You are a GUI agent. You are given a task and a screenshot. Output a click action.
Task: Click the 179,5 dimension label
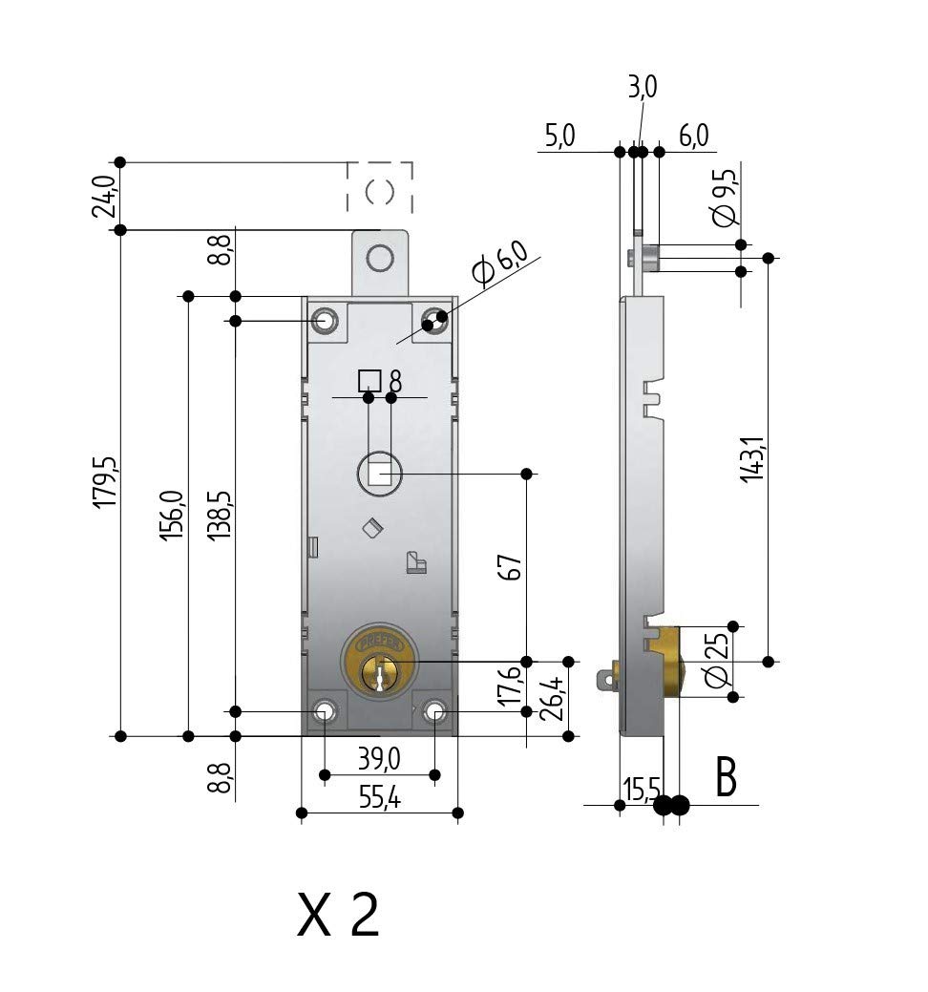point(104,481)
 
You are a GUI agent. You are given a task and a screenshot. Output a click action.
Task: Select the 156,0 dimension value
point(172,516)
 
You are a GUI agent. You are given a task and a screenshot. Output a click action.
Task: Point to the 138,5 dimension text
point(220,516)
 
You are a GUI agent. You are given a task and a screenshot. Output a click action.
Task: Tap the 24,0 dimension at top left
point(104,197)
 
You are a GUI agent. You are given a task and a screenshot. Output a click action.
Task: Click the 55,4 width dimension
point(380,798)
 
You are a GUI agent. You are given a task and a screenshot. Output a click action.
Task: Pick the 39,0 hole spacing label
point(380,759)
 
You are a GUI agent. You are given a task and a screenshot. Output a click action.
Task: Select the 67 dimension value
point(511,567)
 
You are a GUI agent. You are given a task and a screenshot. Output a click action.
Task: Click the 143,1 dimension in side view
point(753,459)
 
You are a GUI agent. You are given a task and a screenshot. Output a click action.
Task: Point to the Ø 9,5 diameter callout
point(725,198)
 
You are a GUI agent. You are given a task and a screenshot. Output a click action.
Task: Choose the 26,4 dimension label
point(552,699)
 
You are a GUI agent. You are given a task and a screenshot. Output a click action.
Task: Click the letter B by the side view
point(726,777)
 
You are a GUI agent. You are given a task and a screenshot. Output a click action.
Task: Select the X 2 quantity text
point(339,915)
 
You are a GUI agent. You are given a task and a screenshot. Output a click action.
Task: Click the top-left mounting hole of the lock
point(325,321)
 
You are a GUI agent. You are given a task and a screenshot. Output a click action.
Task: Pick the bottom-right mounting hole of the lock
point(435,711)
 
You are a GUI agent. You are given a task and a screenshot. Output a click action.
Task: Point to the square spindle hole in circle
point(380,474)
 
